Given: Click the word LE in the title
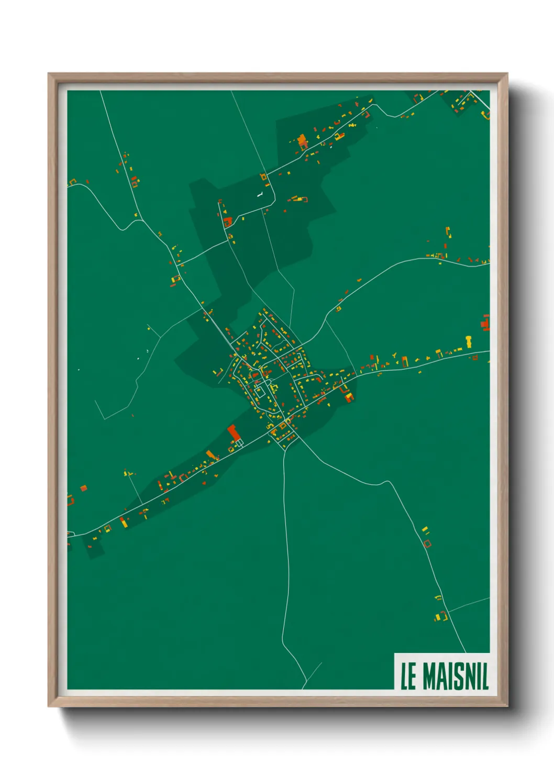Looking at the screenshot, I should pyautogui.click(x=408, y=676).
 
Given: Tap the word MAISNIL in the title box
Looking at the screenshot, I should pyautogui.click(x=455, y=676).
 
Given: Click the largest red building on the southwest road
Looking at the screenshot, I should pyautogui.click(x=233, y=433).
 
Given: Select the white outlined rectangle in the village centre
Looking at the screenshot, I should pyautogui.click(x=259, y=392).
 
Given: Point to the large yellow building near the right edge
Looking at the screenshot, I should pyautogui.click(x=468, y=341).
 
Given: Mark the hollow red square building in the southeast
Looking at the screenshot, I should pyautogui.click(x=427, y=544).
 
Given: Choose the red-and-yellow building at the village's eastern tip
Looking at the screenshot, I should pyautogui.click(x=349, y=397).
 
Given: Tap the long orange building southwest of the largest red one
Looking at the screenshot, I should pyautogui.click(x=211, y=454).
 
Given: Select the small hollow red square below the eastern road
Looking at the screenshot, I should pyautogui.click(x=475, y=358).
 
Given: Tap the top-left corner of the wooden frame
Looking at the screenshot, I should pyautogui.click(x=49, y=74).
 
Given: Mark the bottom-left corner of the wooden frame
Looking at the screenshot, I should pyautogui.click(x=49, y=706).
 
